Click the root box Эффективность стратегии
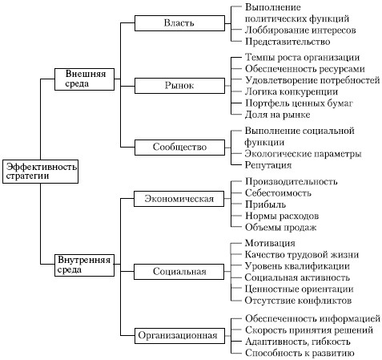(40, 172)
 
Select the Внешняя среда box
(84, 79)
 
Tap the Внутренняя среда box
(84, 265)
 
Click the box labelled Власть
(179, 23)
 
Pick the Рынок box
(179, 86)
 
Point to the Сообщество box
(179, 148)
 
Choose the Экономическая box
(179, 199)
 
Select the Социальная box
(179, 272)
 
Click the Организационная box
(179, 335)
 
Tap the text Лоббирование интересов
(300, 30)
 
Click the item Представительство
(288, 42)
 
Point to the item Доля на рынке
(278, 115)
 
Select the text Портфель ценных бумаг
(299, 103)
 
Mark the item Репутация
(268, 165)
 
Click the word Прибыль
(265, 204)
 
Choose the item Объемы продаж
(280, 228)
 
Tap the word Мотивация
(270, 243)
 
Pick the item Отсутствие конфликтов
(298, 301)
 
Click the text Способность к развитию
(300, 353)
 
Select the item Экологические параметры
(304, 154)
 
